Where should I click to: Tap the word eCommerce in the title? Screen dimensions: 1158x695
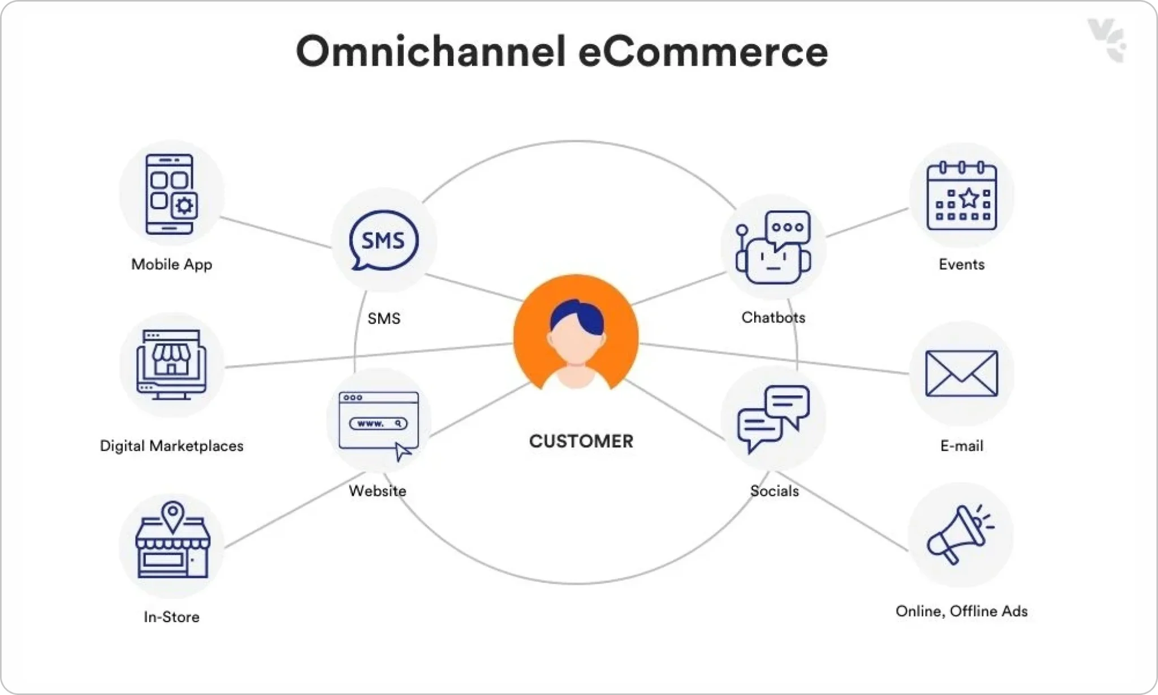pos(703,52)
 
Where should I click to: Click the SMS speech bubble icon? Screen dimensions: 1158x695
pos(384,240)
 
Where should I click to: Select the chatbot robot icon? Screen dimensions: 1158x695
pos(774,247)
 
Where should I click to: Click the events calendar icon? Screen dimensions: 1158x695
pos(962,196)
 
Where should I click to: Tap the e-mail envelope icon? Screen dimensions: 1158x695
pos(961,373)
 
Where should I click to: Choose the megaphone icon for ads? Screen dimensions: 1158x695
pos(960,534)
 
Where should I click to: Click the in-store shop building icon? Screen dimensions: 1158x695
pos(172,539)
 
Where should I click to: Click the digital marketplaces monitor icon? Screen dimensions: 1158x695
pos(171,365)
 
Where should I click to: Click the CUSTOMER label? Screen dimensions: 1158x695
pos(581,441)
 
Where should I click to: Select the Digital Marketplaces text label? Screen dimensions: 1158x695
pos(171,446)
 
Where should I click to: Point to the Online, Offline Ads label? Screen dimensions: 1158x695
pos(961,611)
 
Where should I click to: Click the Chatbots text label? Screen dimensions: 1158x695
pos(773,317)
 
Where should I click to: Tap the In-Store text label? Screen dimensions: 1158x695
pos(171,616)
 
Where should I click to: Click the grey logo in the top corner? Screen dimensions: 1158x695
pos(1107,40)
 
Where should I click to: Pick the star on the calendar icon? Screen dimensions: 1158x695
pos(969,197)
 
